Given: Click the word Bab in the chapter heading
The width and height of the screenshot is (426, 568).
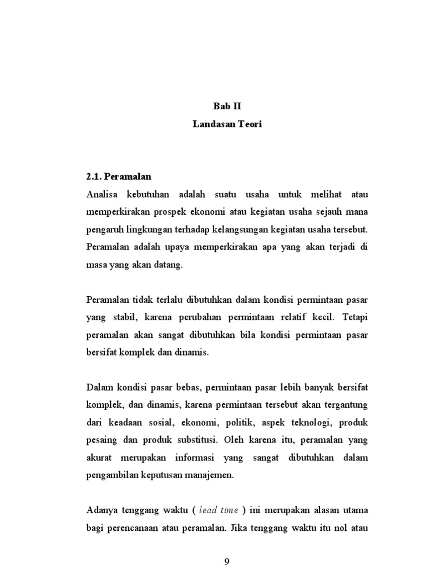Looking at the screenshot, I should point(221,106).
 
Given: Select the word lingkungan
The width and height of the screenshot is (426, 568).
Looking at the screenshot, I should point(150,230).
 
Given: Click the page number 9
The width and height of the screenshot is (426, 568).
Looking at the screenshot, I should point(227,561).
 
